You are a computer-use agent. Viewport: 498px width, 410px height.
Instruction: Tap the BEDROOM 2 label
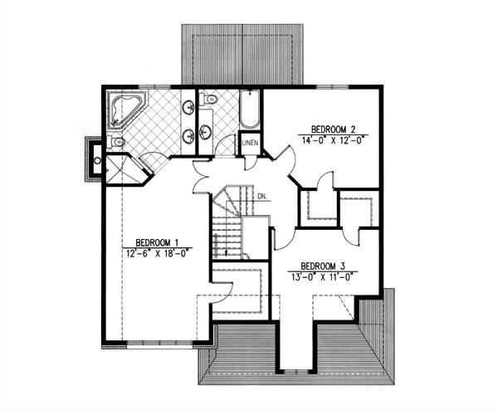tap(334, 129)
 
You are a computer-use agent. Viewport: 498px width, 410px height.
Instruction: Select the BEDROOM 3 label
tap(324, 256)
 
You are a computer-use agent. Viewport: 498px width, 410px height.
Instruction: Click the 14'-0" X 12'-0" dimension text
tap(334, 141)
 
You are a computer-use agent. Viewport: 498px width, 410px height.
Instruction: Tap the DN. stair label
tap(261, 197)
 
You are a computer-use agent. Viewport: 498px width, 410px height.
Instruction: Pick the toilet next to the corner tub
tap(117, 144)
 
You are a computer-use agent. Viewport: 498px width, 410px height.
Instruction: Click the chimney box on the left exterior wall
tap(93, 158)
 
